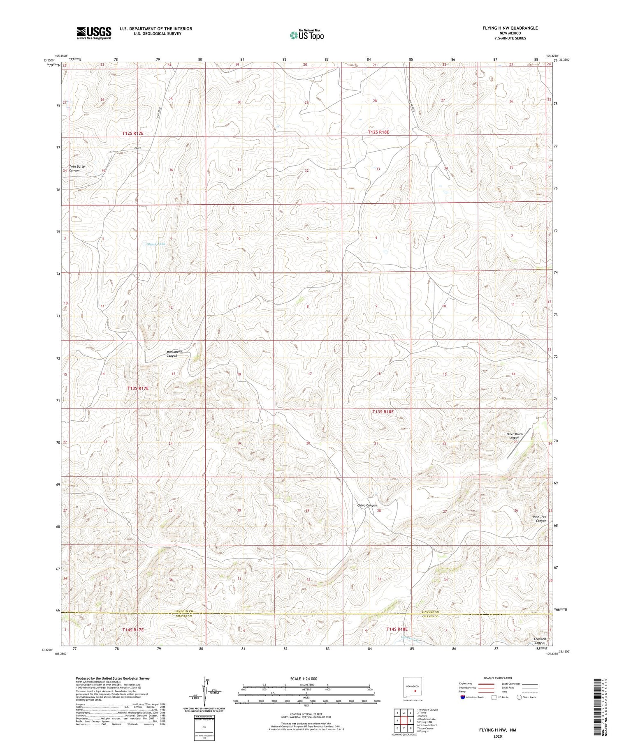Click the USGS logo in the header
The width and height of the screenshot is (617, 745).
point(94,33)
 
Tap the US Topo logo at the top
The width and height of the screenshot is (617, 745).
point(306,35)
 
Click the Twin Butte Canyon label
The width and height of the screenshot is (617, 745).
point(77,168)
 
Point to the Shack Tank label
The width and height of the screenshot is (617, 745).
point(156,244)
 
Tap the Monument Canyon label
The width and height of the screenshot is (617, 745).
point(174,354)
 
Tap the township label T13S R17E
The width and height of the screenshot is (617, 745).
point(138,388)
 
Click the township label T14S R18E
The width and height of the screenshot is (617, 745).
point(397,629)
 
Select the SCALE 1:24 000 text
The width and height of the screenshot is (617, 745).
point(306,678)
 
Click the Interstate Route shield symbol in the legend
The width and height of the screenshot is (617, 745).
point(462,697)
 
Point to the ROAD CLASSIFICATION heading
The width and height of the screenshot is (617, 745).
point(498,678)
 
